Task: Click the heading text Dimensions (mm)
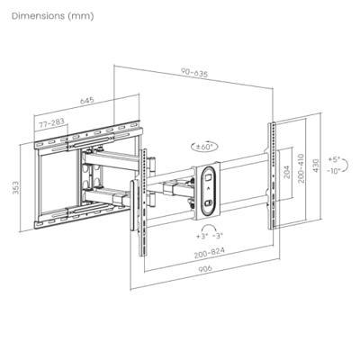click(x=50, y=17)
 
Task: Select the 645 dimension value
click(x=86, y=102)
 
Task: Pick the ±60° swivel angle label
click(x=204, y=145)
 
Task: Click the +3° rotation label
click(x=198, y=236)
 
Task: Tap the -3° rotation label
click(x=217, y=236)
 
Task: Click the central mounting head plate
click(x=207, y=190)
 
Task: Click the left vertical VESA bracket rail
click(x=136, y=216)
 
